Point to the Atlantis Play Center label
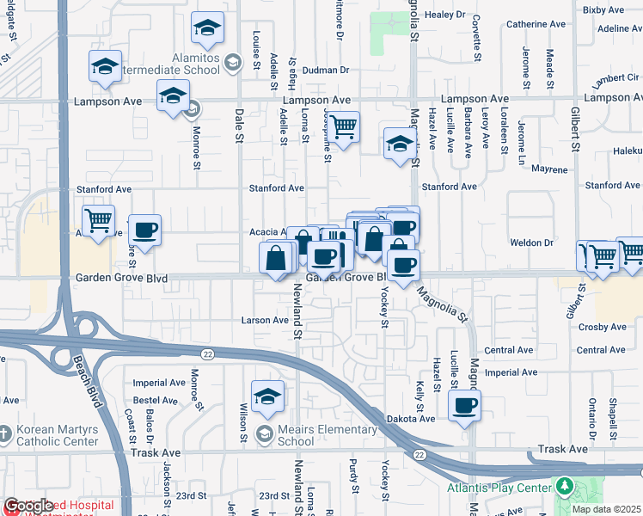[x=499, y=488]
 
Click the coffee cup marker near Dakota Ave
[x=464, y=405]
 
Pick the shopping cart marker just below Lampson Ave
[x=343, y=128]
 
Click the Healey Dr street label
[x=444, y=15]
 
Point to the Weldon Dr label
[x=536, y=243]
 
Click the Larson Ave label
[x=268, y=320]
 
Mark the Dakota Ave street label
[x=417, y=418]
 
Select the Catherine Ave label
[x=533, y=24]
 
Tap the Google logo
[x=29, y=506]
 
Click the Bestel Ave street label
[x=156, y=400]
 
